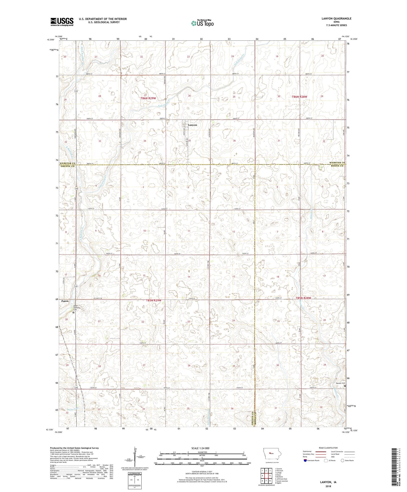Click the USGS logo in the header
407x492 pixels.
[x=62, y=22]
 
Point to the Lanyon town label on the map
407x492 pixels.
[x=192, y=125]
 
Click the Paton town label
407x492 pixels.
[x=65, y=301]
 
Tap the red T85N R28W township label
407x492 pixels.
[x=303, y=298]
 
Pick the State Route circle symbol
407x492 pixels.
[x=342, y=461]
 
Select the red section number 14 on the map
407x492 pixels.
[x=189, y=277]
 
